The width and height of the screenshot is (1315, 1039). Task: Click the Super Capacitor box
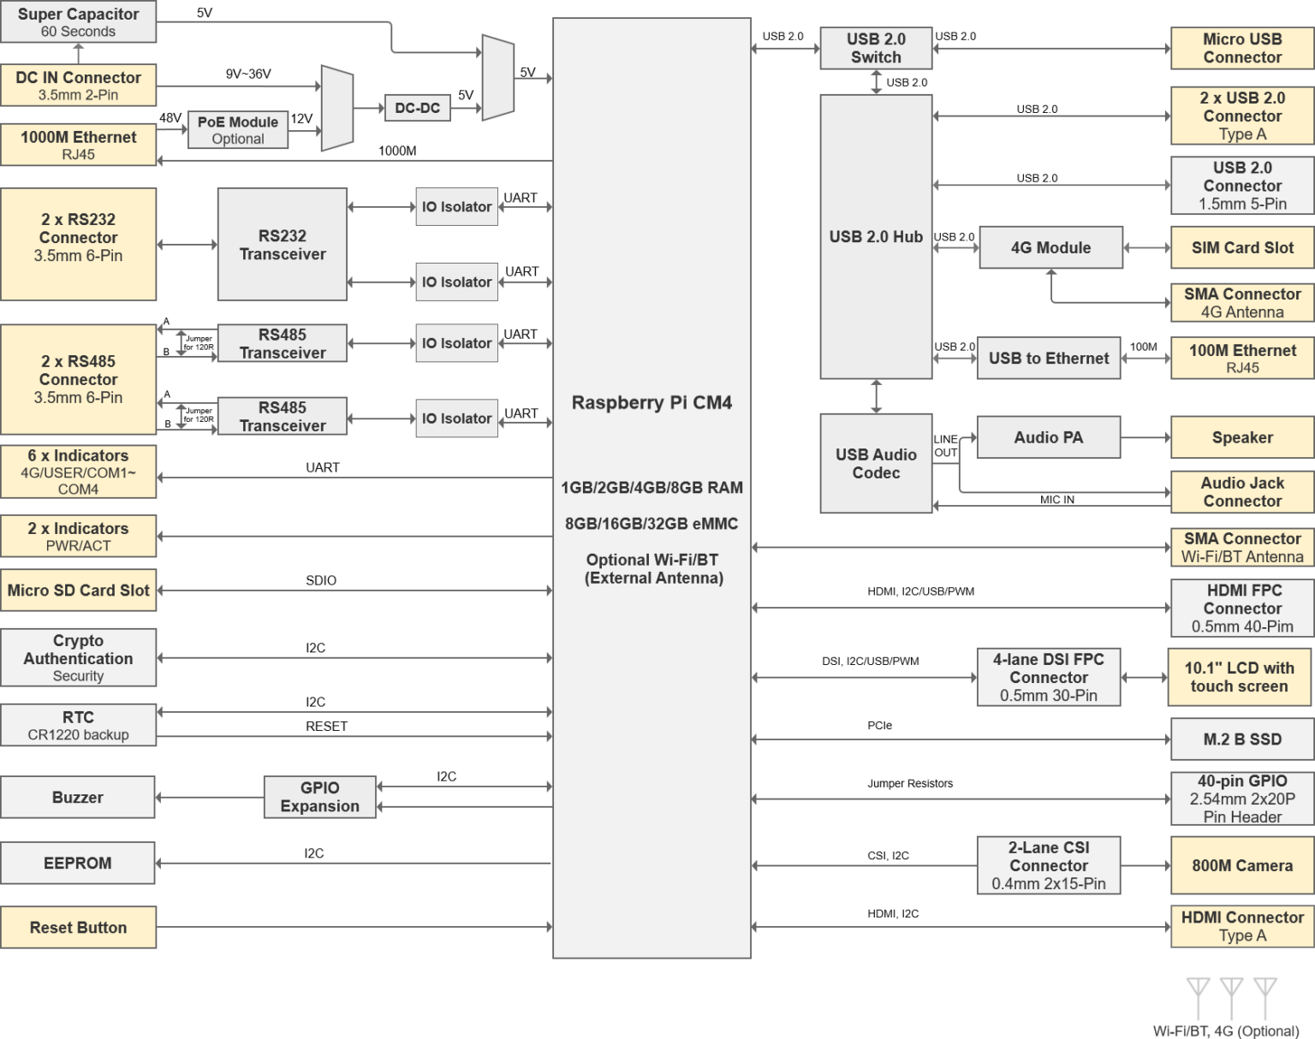(x=78, y=22)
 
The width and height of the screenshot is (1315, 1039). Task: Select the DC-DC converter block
(x=417, y=108)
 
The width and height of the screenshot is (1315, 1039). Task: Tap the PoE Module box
(x=237, y=130)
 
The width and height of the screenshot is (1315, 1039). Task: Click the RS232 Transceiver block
(x=283, y=245)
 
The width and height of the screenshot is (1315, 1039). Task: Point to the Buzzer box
(x=78, y=797)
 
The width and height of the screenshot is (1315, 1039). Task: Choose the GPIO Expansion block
(x=319, y=797)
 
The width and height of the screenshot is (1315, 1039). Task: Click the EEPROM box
(x=78, y=863)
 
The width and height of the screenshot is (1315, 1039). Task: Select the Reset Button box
(x=78, y=927)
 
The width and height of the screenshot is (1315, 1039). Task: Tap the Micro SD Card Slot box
(x=78, y=590)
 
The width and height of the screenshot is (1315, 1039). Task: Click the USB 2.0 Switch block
(x=876, y=48)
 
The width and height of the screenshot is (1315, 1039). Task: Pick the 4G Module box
(x=1050, y=247)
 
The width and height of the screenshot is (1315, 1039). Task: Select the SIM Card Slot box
(x=1242, y=247)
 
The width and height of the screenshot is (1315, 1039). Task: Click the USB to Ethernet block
(x=1049, y=358)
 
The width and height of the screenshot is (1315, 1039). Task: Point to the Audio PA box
(x=1049, y=437)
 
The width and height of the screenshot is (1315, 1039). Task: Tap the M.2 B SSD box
(x=1242, y=739)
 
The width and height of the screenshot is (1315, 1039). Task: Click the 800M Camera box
(x=1242, y=865)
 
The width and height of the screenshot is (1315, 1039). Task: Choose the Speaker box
(x=1242, y=437)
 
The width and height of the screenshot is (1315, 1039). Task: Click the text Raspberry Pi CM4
(x=652, y=402)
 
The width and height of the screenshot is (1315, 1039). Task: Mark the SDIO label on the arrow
(x=321, y=580)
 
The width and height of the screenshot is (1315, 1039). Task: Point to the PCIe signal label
(x=879, y=726)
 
